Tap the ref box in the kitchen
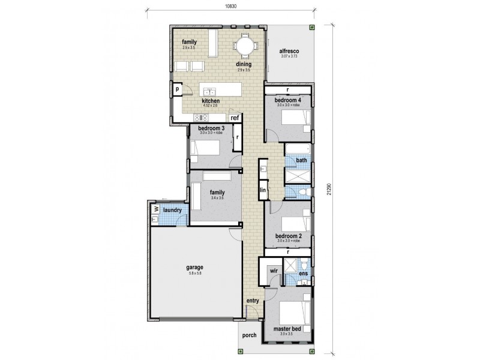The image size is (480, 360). point(235,118)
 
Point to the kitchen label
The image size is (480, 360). point(211,101)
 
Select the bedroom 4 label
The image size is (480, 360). point(287,100)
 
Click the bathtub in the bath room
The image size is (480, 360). point(296,149)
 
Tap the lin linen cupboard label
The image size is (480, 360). point(263,190)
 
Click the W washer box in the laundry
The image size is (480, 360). point(155,209)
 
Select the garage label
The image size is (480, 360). point(194,267)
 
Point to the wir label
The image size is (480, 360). point(274,271)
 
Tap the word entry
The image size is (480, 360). point(252,301)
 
